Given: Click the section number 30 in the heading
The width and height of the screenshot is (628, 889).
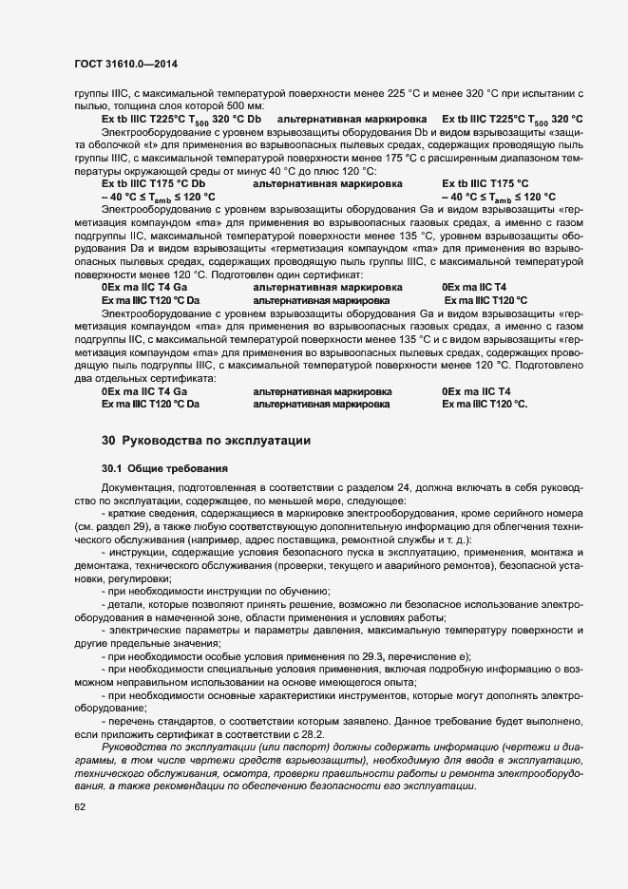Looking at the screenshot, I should (x=108, y=441).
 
